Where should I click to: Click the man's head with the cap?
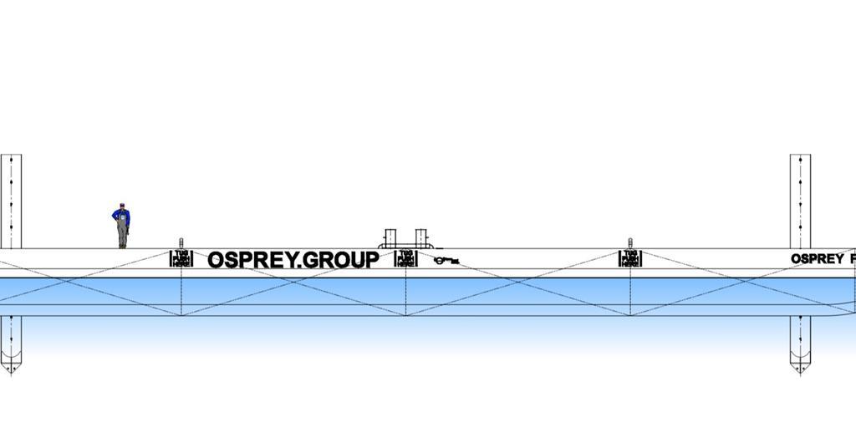pyautogui.click(x=121, y=206)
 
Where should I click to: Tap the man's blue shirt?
pyautogui.click(x=121, y=216)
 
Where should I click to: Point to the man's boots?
pyautogui.click(x=122, y=246)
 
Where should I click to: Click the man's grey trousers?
pyautogui.click(x=122, y=233)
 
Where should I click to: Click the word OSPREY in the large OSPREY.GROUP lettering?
pyautogui.click(x=252, y=260)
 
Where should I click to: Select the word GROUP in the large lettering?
pyautogui.click(x=341, y=260)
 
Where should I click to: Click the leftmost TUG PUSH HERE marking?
pyautogui.click(x=181, y=258)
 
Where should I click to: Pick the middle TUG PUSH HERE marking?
pyautogui.click(x=405, y=258)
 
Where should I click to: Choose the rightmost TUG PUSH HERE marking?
pyautogui.click(x=630, y=258)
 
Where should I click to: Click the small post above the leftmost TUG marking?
pyautogui.click(x=181, y=243)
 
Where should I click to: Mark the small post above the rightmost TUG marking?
pyautogui.click(x=630, y=243)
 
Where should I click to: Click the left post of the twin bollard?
pyautogui.click(x=390, y=237)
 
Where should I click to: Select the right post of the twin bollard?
pyautogui.click(x=420, y=237)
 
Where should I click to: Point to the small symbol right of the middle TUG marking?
pyautogui.click(x=446, y=261)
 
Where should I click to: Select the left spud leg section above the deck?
pyautogui.click(x=11, y=201)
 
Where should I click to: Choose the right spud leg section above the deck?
pyautogui.click(x=800, y=201)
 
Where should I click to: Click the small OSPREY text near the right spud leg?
pyautogui.click(x=818, y=259)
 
